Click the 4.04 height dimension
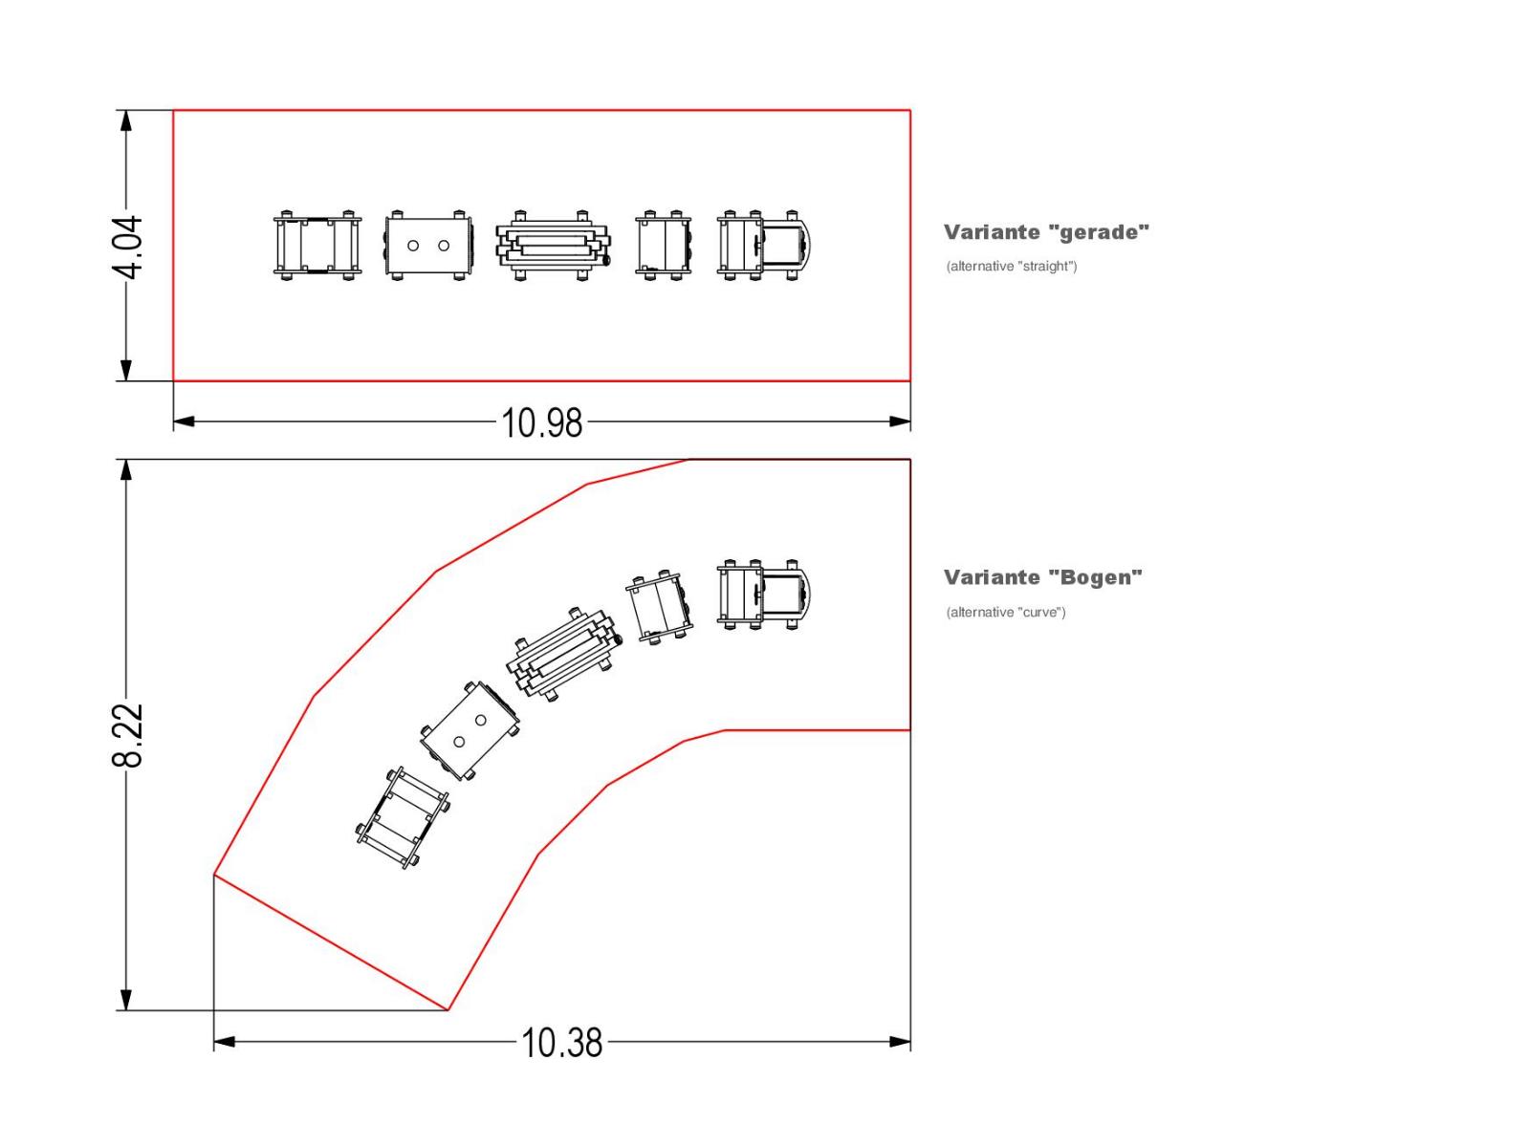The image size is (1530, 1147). point(127,247)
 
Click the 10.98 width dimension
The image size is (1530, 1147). point(541,423)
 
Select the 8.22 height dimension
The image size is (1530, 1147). point(127,735)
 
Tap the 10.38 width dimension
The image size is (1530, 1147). point(562,1043)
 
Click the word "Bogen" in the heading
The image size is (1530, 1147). point(1095,577)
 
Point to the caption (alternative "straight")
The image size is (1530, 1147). point(1012,266)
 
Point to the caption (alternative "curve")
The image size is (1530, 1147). point(1006,612)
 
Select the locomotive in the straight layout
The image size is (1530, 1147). point(765,245)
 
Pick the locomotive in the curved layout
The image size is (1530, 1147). point(765,595)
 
